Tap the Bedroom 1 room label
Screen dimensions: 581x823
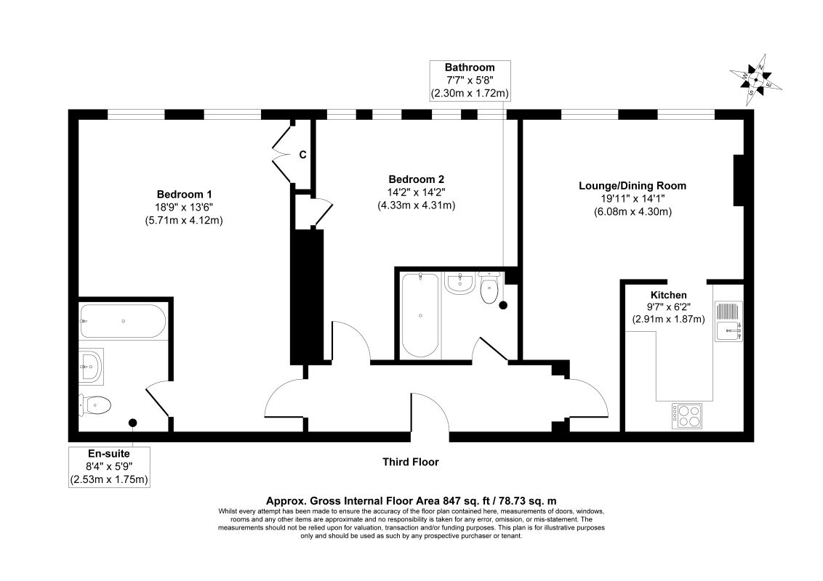[184, 194]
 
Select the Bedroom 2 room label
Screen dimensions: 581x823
[416, 179]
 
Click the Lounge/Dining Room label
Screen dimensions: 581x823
[632, 185]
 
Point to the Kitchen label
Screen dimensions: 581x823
[668, 295]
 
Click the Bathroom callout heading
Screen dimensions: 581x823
[470, 68]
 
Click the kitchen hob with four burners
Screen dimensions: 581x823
[688, 415]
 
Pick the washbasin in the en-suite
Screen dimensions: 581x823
[91, 365]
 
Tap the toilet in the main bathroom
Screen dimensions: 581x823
[489, 288]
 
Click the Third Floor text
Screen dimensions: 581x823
[411, 462]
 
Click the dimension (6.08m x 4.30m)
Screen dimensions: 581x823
[632, 212]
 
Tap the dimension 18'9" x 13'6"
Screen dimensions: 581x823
[184, 207]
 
